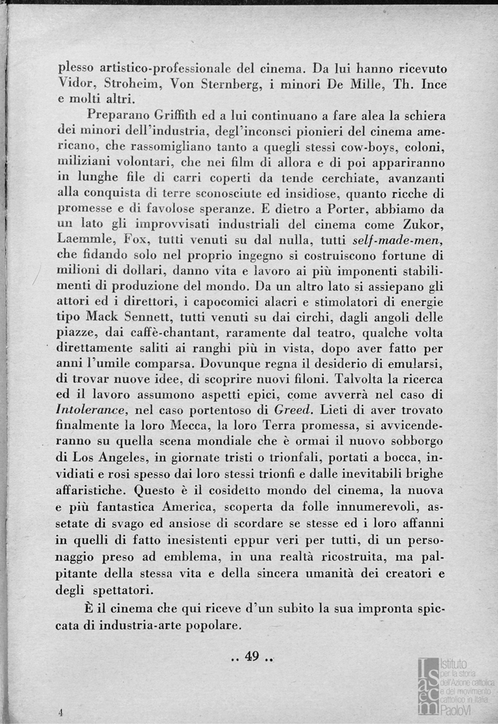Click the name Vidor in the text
point(73,84)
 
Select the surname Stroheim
point(131,84)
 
